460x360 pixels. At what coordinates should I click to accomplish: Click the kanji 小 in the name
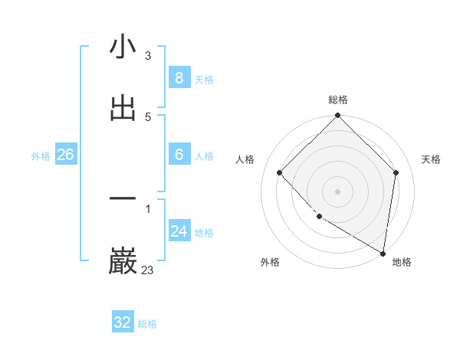(x=123, y=47)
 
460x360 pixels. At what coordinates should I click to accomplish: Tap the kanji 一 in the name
(x=123, y=199)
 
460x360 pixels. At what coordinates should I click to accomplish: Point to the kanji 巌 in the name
(x=123, y=261)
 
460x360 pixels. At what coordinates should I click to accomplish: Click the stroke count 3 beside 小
(x=147, y=56)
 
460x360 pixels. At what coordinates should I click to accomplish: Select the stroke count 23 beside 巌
(x=147, y=270)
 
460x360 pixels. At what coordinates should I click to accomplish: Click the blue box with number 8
(x=179, y=78)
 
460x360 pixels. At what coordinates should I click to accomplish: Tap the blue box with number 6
(x=179, y=155)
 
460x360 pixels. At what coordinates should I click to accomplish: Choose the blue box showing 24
(x=179, y=231)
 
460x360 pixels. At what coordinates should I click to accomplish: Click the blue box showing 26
(x=65, y=155)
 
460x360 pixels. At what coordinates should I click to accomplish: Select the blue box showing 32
(x=123, y=322)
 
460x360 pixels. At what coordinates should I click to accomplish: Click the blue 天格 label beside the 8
(x=204, y=80)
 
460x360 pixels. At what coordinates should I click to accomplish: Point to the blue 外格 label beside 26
(x=41, y=156)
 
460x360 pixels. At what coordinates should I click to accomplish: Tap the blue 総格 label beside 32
(x=147, y=324)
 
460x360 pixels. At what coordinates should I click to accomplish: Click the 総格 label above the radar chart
(x=337, y=100)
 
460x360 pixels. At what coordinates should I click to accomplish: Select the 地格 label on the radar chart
(x=402, y=262)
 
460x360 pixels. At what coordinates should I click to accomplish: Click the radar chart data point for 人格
(x=280, y=172)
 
